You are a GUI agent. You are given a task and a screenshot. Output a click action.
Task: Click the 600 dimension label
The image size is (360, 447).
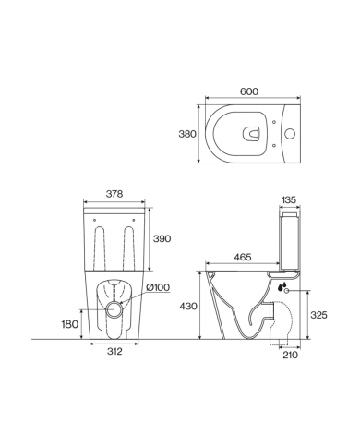pos(249,91)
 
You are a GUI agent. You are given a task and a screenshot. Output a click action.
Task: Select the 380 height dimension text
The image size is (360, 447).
pos(187,134)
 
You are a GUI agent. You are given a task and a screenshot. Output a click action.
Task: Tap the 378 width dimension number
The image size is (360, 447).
pos(114,194)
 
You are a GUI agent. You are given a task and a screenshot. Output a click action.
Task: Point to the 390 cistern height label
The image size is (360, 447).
pos(162,238)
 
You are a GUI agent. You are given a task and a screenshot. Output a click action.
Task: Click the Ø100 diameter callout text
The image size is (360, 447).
pos(158,287)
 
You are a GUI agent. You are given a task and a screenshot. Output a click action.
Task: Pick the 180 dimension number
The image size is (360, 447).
pos(70,324)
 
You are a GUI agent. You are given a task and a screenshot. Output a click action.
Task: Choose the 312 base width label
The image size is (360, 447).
pos(114,351)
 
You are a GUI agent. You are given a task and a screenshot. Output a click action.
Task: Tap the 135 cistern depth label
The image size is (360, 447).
pos(289,199)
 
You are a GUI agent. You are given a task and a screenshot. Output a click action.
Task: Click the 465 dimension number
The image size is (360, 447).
pos(243,257)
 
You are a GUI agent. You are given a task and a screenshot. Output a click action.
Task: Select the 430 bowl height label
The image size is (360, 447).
pos(188,307)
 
